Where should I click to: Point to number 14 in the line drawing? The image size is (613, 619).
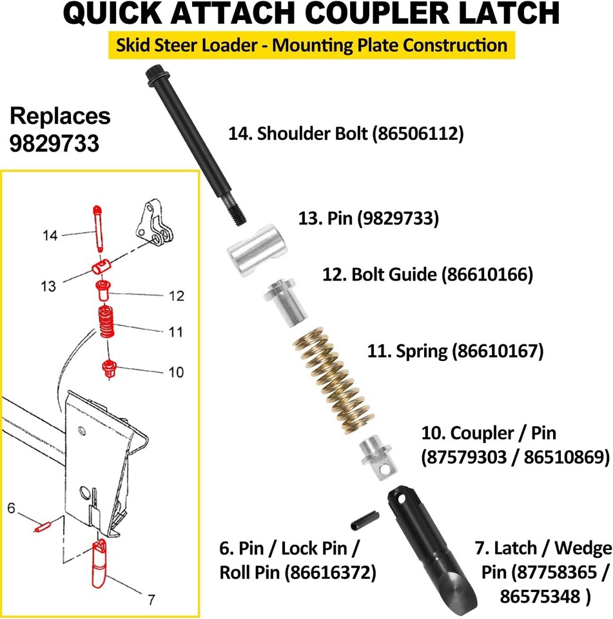coord(50,235)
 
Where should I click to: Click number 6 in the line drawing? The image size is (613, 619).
coord(11,508)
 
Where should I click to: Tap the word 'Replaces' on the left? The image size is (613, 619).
coord(60,117)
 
